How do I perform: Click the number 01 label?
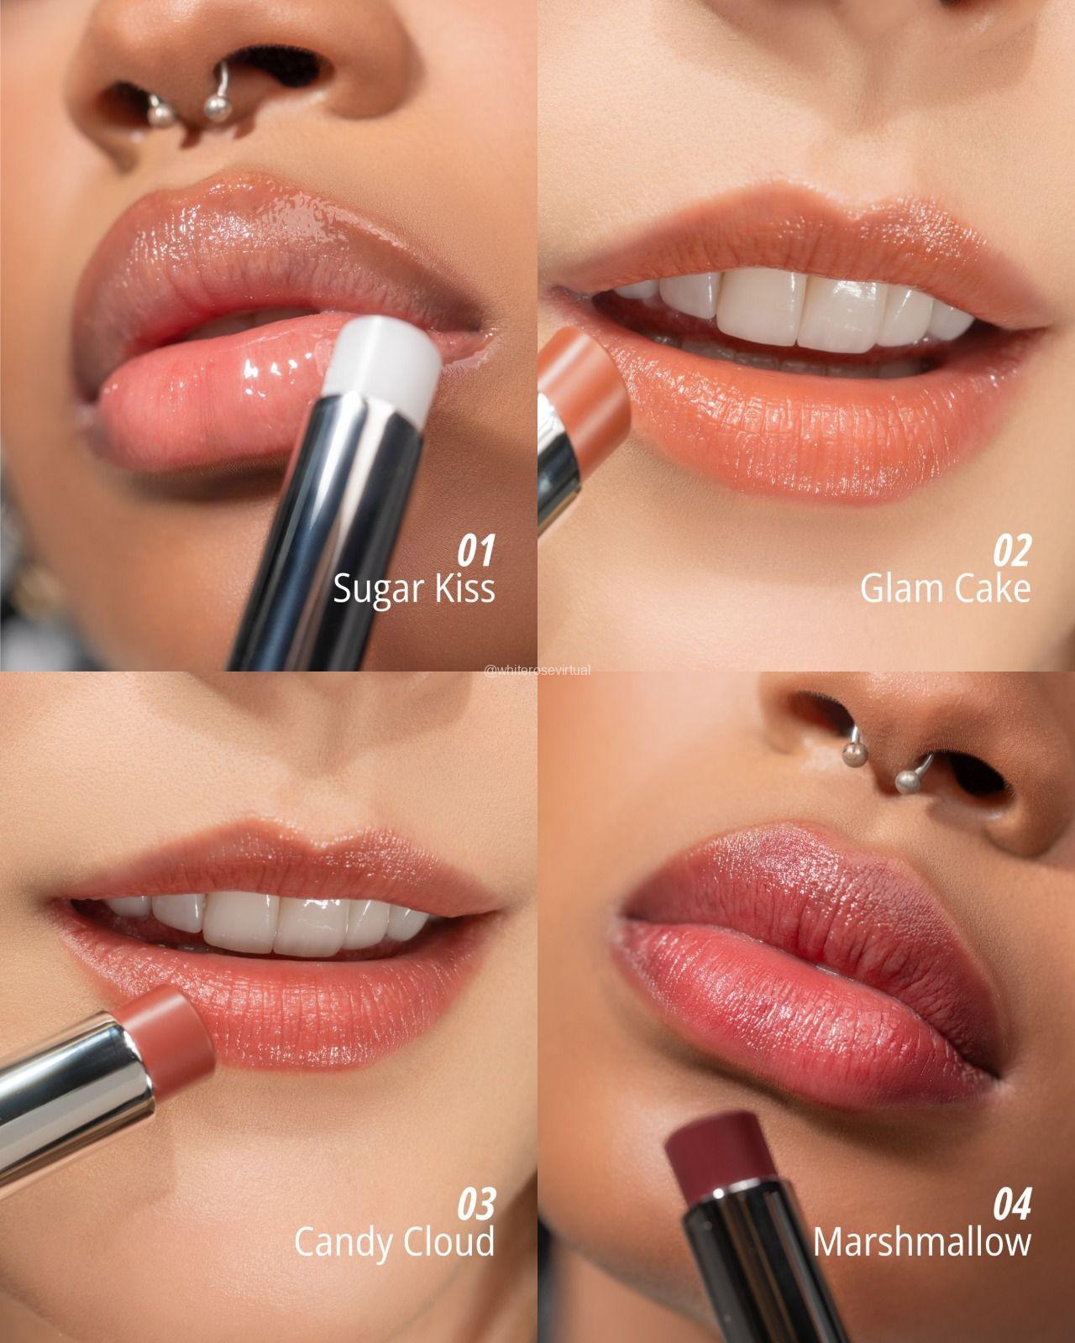475,550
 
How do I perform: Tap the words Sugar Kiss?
414,588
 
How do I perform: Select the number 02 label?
1011,550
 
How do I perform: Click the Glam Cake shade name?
945,588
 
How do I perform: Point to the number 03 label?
476,1204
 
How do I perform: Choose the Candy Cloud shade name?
394,1242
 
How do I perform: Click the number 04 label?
1012,1204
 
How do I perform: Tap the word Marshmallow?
922,1241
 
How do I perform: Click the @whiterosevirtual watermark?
537,671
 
